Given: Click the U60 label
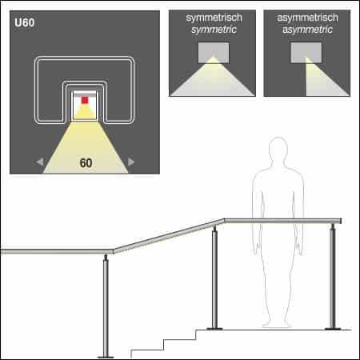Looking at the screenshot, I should click(24, 22).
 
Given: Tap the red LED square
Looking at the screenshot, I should click(85, 100).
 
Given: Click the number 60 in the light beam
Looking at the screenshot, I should click(86, 163).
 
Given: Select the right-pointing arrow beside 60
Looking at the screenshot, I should click(132, 162).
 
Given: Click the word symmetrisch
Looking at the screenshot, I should click(212, 16).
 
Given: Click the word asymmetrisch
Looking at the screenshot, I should click(306, 16).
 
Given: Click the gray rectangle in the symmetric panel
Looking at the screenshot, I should click(212, 51).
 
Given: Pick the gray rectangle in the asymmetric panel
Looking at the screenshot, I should click(306, 51).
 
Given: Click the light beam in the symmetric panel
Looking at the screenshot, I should click(211, 80).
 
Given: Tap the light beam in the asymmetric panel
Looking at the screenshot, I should click(316, 80).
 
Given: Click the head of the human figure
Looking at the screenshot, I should click(278, 151).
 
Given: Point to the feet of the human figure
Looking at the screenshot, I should click(278, 323).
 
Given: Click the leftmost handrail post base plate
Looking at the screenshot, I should click(106, 355).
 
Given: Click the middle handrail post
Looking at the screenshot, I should click(214, 280).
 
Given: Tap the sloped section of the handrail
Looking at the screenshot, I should click(168, 236).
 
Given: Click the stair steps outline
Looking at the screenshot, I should click(164, 342).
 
